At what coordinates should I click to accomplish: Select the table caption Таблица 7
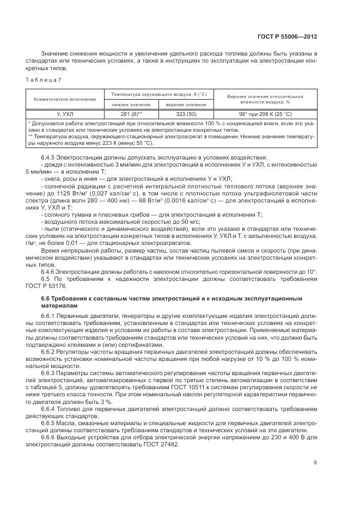click(44, 80)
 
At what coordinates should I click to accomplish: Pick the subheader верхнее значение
click(182, 104)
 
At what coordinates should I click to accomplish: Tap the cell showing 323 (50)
click(182, 114)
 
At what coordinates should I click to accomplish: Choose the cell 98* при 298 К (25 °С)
click(265, 114)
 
